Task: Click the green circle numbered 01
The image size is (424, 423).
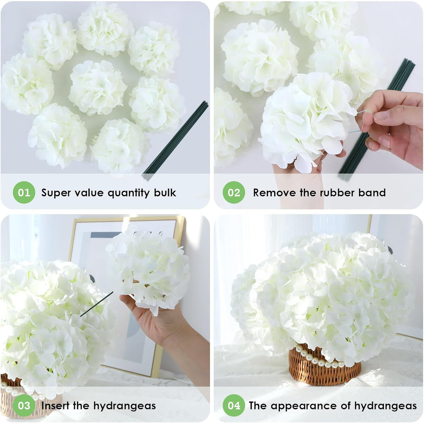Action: pyautogui.click(x=24, y=193)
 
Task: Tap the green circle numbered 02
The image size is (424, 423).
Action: pyautogui.click(x=234, y=193)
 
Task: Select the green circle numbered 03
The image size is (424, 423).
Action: pyautogui.click(x=24, y=405)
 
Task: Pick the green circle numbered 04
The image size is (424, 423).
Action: pyautogui.click(x=234, y=405)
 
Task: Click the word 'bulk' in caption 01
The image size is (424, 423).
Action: pyautogui.click(x=165, y=193)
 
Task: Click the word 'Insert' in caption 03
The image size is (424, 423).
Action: pyautogui.click(x=56, y=405)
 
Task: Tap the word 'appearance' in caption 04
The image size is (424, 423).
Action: pyautogui.click(x=298, y=405)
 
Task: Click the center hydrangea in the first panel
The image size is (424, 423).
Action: pyautogui.click(x=97, y=87)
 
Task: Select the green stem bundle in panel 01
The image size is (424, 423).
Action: pyautogui.click(x=175, y=141)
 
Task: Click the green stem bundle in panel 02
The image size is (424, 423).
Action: pyautogui.click(x=377, y=120)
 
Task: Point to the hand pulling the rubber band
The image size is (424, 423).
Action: pyautogui.click(x=393, y=124)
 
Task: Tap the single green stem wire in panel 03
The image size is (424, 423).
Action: pyautogui.click(x=96, y=304)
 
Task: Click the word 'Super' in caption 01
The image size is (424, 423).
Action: pyautogui.click(x=56, y=193)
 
